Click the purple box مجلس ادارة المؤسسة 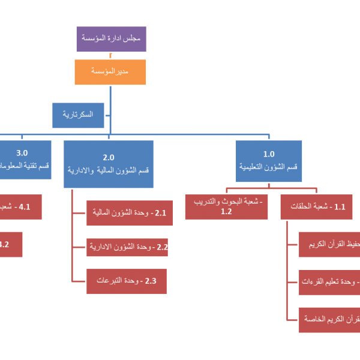pyautogui.click(x=111, y=38)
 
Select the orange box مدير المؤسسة pyautogui.click(x=110, y=71)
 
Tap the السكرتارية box pyautogui.click(x=78, y=115)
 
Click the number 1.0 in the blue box pyautogui.click(x=269, y=154)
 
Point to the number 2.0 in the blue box pyautogui.click(x=109, y=157)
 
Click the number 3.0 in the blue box pyautogui.click(x=22, y=154)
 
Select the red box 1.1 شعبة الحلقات pyautogui.click(x=316, y=207)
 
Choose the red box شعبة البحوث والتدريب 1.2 pyautogui.click(x=226, y=207)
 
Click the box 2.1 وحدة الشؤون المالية pyautogui.click(x=129, y=212)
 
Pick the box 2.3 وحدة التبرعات pyautogui.click(x=126, y=281)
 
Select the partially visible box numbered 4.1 pyautogui.click(x=21, y=207)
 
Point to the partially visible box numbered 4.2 pyautogui.click(x=11, y=244)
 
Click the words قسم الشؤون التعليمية pyautogui.click(x=269, y=167)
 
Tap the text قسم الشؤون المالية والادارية pyautogui.click(x=109, y=170)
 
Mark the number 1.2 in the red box pyautogui.click(x=226, y=212)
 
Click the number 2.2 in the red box pyautogui.click(x=162, y=247)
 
